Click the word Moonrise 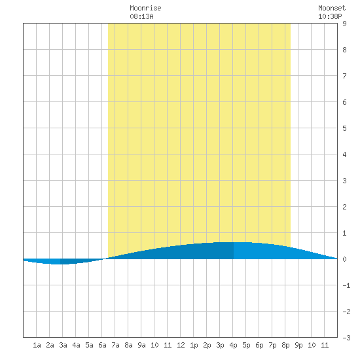tap(145, 9)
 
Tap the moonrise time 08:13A tap(141, 16)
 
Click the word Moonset tap(332, 9)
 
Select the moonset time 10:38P tap(330, 16)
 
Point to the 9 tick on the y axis tap(344, 24)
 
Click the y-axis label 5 tap(344, 128)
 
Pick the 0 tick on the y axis tap(344, 259)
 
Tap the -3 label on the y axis tap(346, 338)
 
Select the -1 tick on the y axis tap(346, 285)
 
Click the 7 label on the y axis tap(344, 76)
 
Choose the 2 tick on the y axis tap(344, 207)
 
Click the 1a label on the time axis tap(37, 345)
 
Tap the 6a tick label tap(102, 345)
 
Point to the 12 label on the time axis tap(181, 345)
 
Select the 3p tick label tap(220, 345)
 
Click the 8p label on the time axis tap(285, 345)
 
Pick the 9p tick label tap(298, 345)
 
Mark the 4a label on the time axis tap(76, 345)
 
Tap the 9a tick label tap(141, 345)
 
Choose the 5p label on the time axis tap(246, 345)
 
